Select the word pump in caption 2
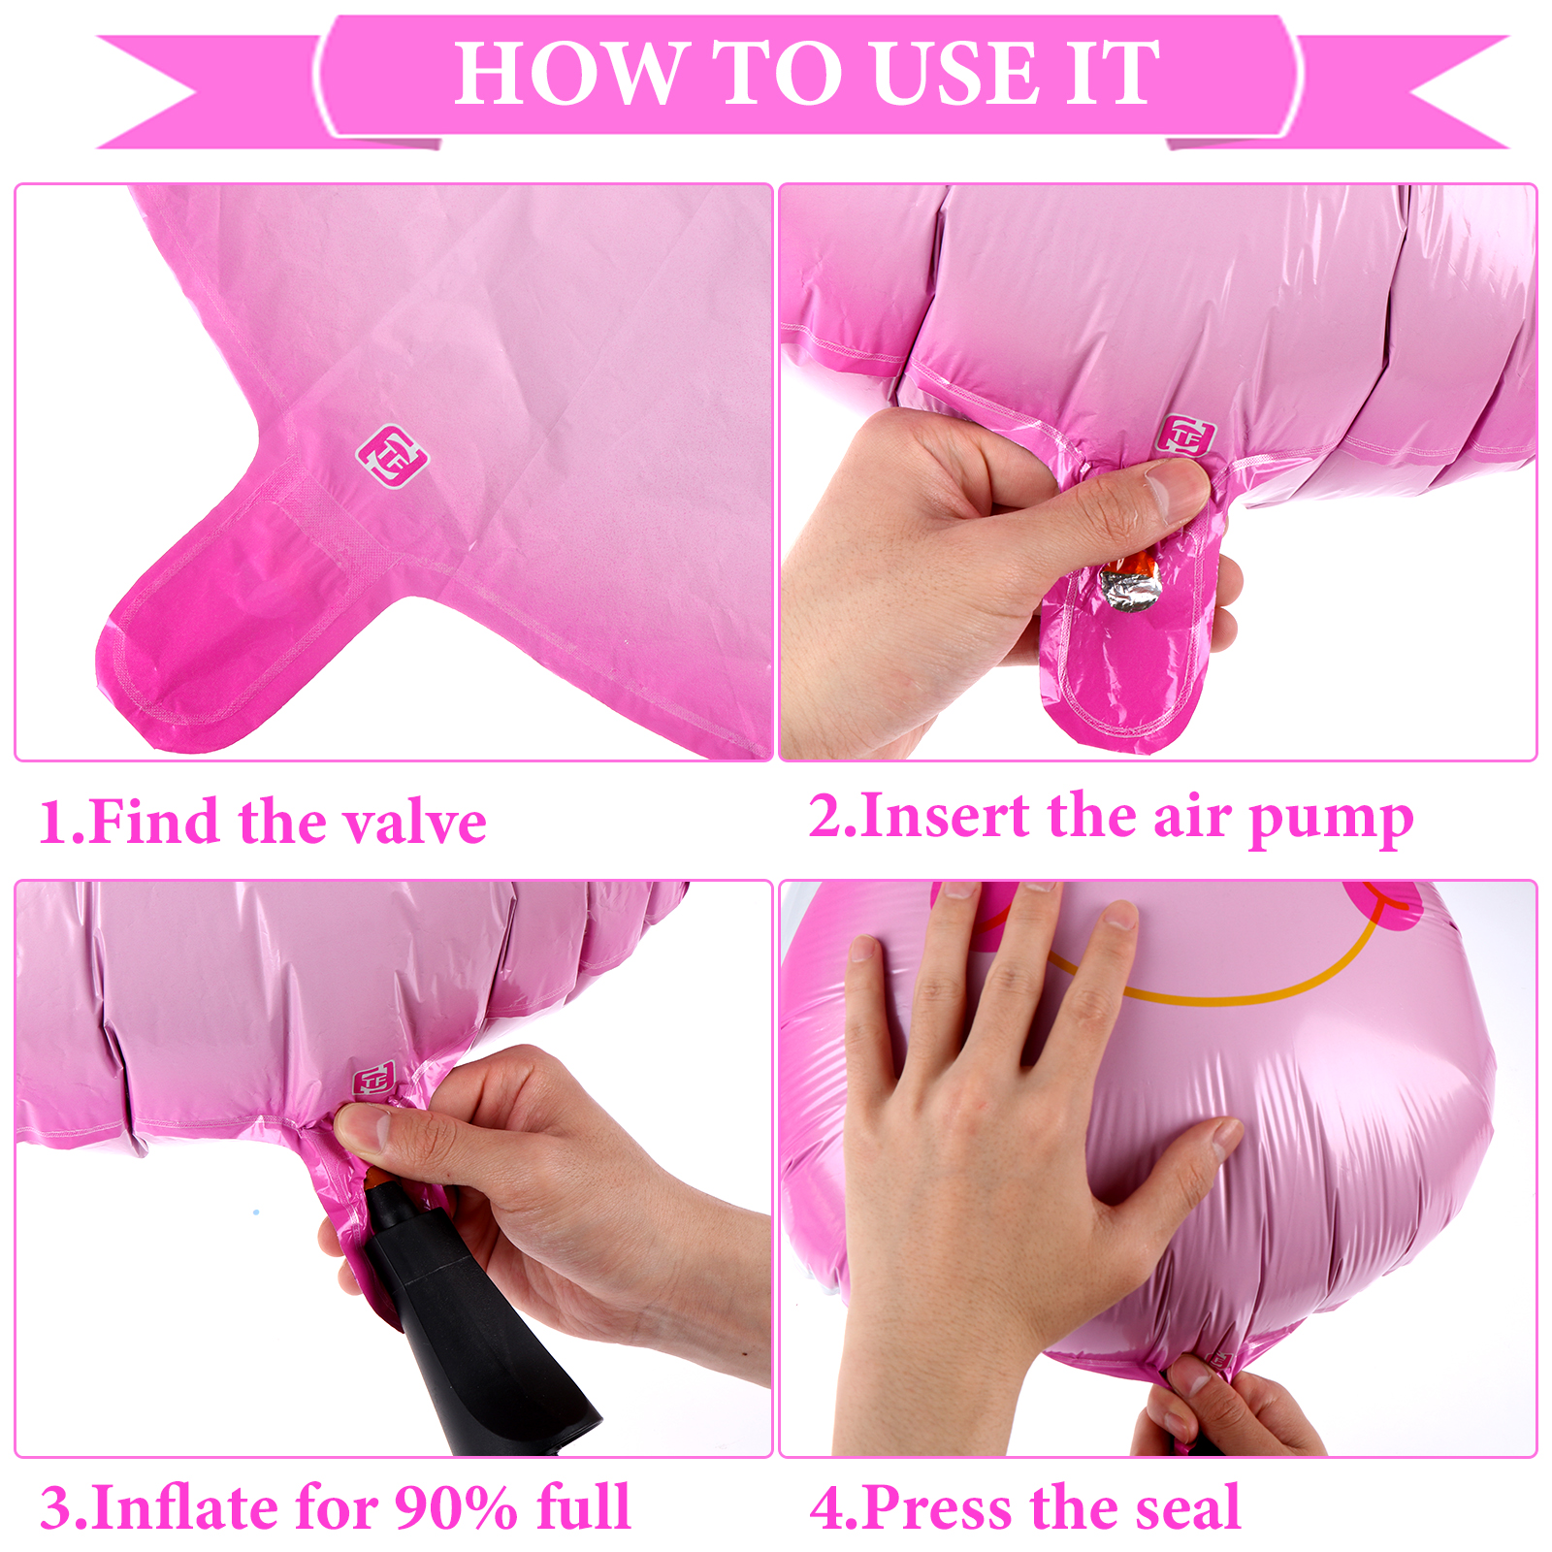[1331, 820]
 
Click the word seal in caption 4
[1189, 1507]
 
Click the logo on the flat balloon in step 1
[392, 456]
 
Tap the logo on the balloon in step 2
[1184, 436]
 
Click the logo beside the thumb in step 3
[373, 1080]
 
